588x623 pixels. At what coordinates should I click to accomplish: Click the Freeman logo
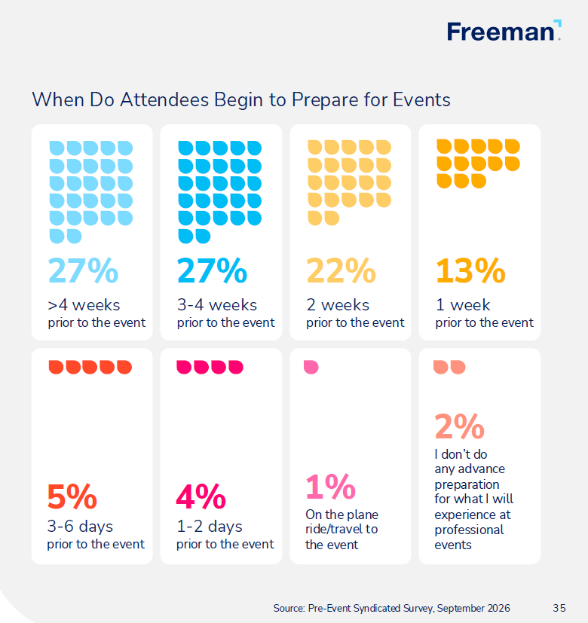[x=504, y=31]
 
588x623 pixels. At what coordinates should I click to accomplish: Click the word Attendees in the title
[x=164, y=99]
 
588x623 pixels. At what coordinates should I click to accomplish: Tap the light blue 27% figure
[x=83, y=270]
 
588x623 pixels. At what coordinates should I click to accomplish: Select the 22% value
[x=341, y=270]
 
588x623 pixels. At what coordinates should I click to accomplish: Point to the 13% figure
[x=470, y=270]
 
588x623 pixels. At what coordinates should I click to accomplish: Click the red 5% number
[x=72, y=496]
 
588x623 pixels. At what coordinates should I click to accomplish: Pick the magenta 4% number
[x=201, y=496]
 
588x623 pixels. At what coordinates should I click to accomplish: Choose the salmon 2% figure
[x=460, y=426]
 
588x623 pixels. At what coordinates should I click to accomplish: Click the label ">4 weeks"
[x=84, y=305]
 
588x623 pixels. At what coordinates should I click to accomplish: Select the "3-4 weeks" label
[x=217, y=305]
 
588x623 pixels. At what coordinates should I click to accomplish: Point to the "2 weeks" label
[x=338, y=305]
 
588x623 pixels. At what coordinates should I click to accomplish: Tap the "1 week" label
[x=463, y=305]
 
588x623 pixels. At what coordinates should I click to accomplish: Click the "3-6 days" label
[x=80, y=527]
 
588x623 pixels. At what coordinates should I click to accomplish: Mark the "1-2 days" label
[x=210, y=527]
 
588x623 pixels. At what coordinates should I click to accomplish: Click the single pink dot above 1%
[x=311, y=367]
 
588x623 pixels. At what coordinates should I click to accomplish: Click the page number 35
[x=559, y=608]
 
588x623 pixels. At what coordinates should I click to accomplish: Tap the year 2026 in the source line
[x=498, y=608]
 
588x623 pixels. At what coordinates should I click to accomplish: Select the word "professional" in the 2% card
[x=469, y=530]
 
